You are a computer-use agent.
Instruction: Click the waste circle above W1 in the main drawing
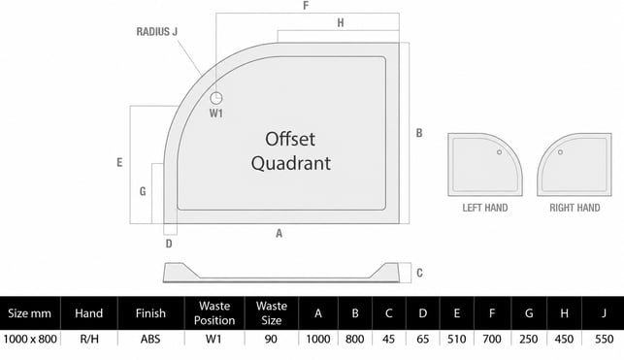click(x=216, y=98)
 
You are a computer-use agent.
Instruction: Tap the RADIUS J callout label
click(x=157, y=32)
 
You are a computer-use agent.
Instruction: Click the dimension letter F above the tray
click(x=306, y=6)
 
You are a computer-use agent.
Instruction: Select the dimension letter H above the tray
click(x=341, y=23)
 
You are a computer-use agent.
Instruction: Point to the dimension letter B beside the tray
click(x=419, y=133)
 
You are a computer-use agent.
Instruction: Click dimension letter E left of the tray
click(x=119, y=162)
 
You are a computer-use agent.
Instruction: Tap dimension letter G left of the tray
click(x=143, y=192)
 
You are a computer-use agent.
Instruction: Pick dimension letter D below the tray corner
click(x=169, y=244)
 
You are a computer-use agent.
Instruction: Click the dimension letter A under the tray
click(x=279, y=234)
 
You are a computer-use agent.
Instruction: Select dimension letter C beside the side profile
click(x=419, y=273)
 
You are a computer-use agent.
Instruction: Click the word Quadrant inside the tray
click(x=291, y=163)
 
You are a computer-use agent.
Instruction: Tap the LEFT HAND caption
click(x=484, y=208)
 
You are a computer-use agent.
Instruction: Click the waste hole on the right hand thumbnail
click(x=560, y=152)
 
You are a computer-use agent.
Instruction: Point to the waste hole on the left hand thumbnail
click(x=499, y=152)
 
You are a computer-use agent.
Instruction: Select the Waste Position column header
click(x=214, y=313)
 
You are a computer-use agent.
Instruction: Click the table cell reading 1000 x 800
click(x=30, y=339)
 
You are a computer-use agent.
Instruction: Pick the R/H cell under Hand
click(x=89, y=339)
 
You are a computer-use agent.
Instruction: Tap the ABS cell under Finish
click(x=150, y=339)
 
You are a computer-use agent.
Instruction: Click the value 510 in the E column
click(x=456, y=339)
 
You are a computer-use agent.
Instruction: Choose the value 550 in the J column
click(x=604, y=339)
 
